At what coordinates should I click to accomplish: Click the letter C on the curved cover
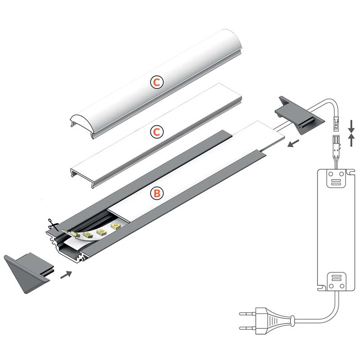click(x=157, y=82)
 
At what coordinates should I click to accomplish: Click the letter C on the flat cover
click(x=157, y=132)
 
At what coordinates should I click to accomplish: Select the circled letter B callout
click(x=157, y=193)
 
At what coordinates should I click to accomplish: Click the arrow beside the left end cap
click(x=66, y=275)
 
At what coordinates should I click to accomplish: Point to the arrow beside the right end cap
click(x=294, y=143)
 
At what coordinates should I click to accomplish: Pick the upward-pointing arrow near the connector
click(x=351, y=140)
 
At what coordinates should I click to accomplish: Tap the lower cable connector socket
click(x=336, y=143)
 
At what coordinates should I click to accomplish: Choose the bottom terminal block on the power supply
click(x=336, y=282)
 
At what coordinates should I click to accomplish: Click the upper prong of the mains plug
click(x=247, y=313)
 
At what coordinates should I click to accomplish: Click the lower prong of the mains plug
click(x=247, y=328)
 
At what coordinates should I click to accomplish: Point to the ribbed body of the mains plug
click(x=275, y=320)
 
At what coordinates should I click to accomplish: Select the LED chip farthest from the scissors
click(x=116, y=226)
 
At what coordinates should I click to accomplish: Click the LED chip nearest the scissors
click(x=75, y=234)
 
